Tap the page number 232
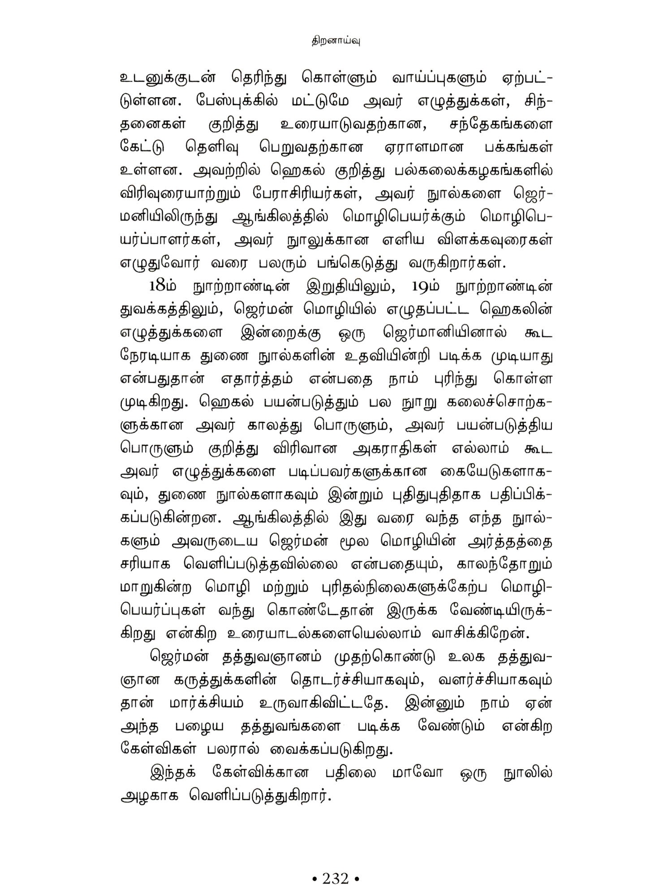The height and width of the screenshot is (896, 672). pos(336,866)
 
